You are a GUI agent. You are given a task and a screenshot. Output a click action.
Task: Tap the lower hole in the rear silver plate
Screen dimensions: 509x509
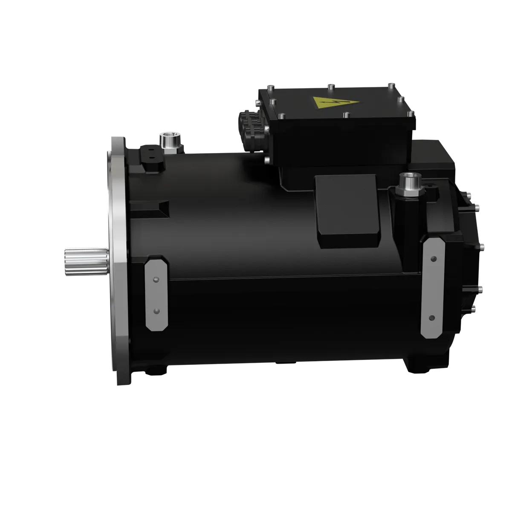click(432, 318)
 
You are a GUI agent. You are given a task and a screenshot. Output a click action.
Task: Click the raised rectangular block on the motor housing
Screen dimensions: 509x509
click(347, 212)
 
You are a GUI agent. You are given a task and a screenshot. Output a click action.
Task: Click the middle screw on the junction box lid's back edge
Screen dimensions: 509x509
click(330, 87)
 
